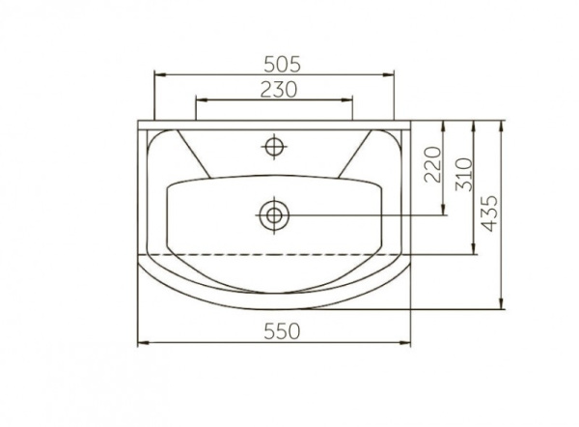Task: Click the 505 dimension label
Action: [283, 65]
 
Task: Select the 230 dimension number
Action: [279, 90]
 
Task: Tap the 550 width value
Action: [282, 331]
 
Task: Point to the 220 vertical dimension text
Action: [432, 164]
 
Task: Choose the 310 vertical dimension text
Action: [464, 175]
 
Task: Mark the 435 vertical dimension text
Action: [489, 213]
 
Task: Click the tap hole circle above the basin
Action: [274, 147]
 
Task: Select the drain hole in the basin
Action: [274, 215]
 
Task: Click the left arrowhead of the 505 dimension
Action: [159, 74]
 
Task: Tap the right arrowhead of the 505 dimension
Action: [389, 74]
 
